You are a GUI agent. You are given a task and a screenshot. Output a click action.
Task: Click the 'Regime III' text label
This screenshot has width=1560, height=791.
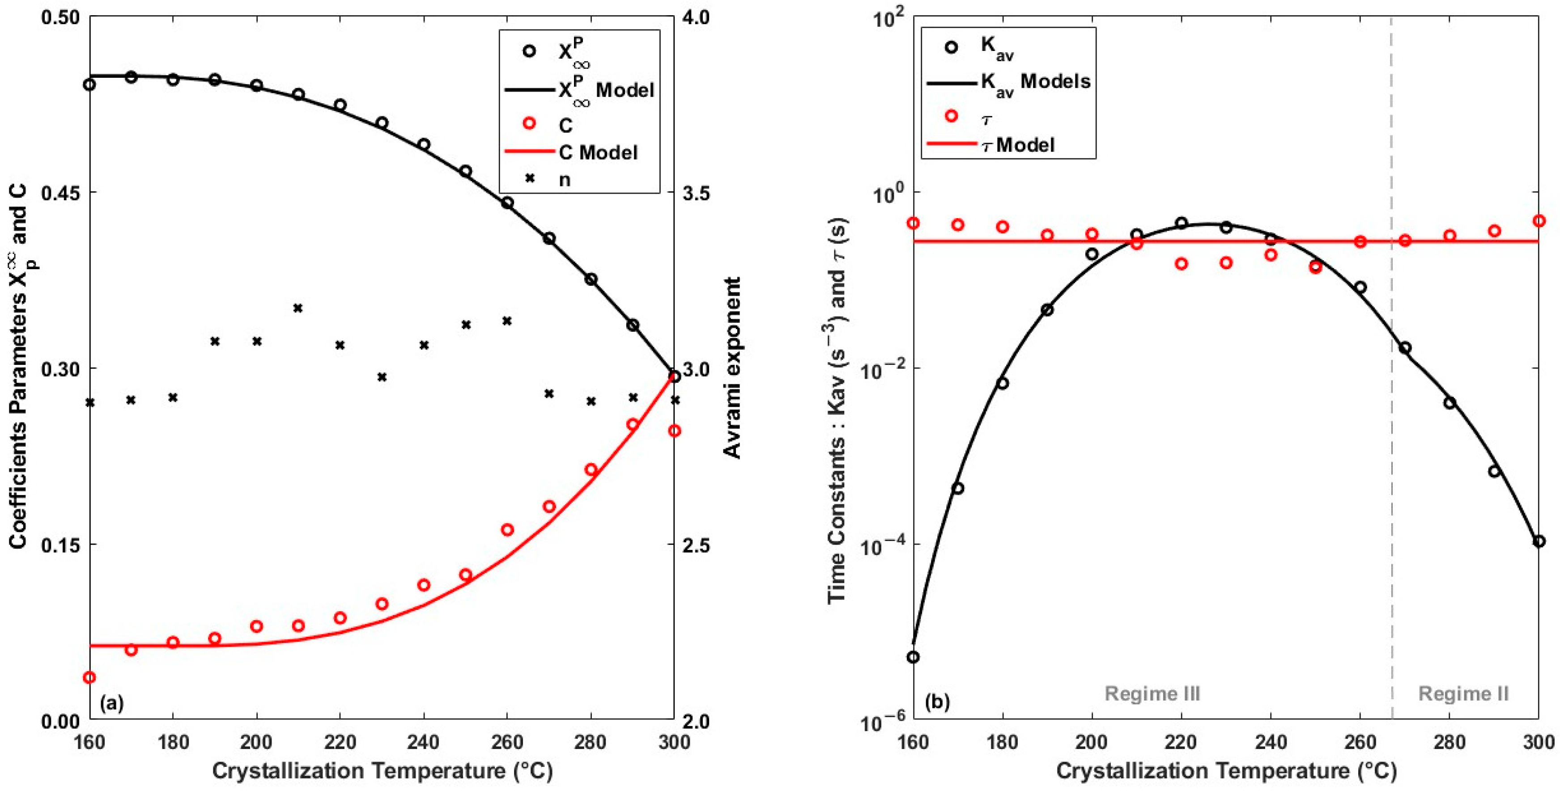pyautogui.click(x=1152, y=694)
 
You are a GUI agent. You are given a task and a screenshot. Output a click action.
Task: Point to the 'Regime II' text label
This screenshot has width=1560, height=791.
pyautogui.click(x=1463, y=694)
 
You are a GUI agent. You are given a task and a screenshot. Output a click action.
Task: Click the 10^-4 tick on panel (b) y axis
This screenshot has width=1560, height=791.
pyautogui.click(x=879, y=545)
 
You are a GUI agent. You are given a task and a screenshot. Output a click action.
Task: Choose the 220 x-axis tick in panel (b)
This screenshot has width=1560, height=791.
pyautogui.click(x=1182, y=742)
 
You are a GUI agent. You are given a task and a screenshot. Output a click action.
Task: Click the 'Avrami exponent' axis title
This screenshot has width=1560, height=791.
pyautogui.click(x=732, y=368)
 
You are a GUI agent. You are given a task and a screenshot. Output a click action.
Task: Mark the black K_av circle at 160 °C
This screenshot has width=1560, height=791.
pyautogui.click(x=913, y=657)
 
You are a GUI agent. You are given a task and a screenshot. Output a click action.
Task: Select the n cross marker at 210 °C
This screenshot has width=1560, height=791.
pyautogui.click(x=298, y=308)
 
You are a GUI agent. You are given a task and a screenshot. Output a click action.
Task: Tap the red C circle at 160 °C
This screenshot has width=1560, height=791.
pyautogui.click(x=89, y=677)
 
